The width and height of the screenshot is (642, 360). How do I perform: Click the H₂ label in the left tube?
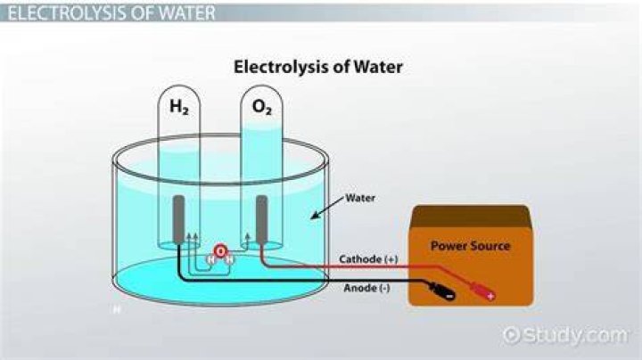179,107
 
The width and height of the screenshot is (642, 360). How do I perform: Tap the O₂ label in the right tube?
261,107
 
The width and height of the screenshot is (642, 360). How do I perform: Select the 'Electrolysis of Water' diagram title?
317,67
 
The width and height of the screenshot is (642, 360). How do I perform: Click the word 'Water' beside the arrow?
360,198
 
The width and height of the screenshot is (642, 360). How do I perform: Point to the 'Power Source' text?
471,246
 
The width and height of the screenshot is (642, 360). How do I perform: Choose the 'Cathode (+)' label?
368,259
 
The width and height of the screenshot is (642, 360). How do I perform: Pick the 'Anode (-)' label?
366,288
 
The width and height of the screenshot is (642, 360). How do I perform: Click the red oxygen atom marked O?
220,250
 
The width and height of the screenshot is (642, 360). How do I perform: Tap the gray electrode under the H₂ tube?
178,219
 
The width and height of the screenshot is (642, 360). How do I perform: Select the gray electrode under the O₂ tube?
261,219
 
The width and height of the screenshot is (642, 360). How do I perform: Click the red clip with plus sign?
482,290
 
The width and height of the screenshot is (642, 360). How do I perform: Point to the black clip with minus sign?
441,290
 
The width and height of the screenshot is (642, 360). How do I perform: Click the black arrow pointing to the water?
326,208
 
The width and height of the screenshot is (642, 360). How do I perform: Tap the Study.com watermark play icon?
511,335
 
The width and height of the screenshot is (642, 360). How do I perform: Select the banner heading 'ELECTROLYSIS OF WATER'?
111,13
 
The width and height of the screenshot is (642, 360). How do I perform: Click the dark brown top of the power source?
471,217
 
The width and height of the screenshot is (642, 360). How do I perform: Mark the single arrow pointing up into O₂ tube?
247,240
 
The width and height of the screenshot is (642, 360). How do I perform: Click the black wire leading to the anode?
303,281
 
